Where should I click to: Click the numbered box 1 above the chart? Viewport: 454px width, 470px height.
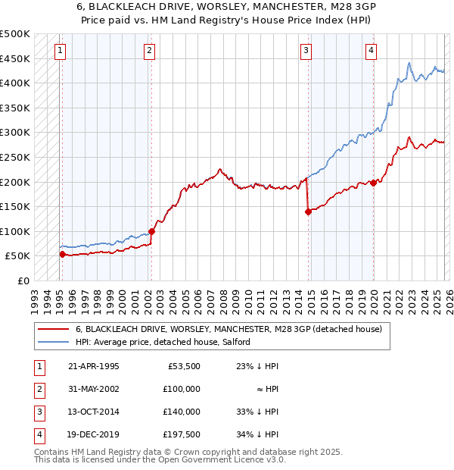pyautogui.click(x=60, y=51)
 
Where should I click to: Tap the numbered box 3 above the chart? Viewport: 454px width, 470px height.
pyautogui.click(x=306, y=51)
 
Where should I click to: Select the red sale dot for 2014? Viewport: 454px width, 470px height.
pyautogui.click(x=308, y=212)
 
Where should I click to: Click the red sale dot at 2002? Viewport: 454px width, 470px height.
pyautogui.click(x=151, y=231)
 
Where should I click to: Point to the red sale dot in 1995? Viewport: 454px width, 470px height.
pyautogui.click(x=62, y=255)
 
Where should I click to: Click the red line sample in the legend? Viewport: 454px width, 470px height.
pyautogui.click(x=52, y=330)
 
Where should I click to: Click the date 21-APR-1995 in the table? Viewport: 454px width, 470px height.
pyautogui.click(x=93, y=366)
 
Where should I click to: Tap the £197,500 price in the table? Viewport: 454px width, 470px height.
pyautogui.click(x=181, y=434)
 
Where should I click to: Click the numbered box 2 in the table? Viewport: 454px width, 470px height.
pyautogui.click(x=37, y=389)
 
